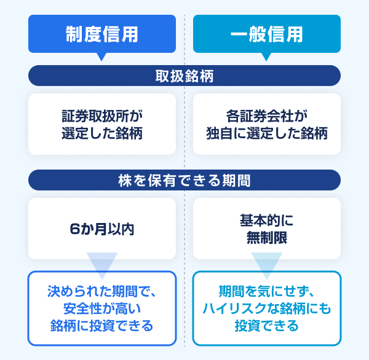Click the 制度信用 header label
coord(102,34)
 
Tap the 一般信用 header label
coord(267,34)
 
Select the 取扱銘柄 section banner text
coord(184,76)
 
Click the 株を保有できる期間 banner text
coord(184,181)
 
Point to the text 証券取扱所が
coord(102,116)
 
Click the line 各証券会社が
coord(267,116)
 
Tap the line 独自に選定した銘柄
coord(267,133)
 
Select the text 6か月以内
coord(102,229)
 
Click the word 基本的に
coord(267,221)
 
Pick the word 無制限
coord(267,238)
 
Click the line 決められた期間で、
coord(101,291)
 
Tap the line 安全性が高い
coord(102,308)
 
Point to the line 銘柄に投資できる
coord(102,326)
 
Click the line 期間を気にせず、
coord(267,291)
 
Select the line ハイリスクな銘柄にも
coord(267,308)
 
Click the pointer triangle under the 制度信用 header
coord(101,57)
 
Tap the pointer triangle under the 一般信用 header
coord(266,57)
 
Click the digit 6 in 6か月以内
coord(74,229)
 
